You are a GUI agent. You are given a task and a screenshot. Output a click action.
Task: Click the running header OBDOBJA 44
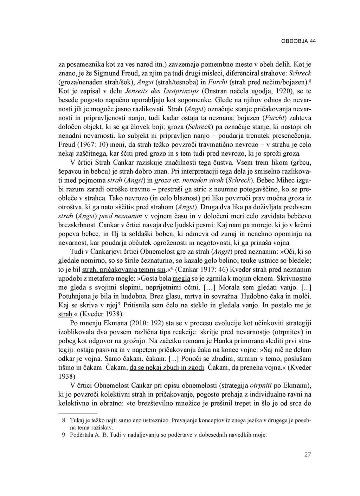[298, 41]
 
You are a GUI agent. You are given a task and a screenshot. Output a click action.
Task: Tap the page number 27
[308, 455]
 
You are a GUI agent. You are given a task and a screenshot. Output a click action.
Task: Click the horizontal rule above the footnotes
[77, 414]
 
